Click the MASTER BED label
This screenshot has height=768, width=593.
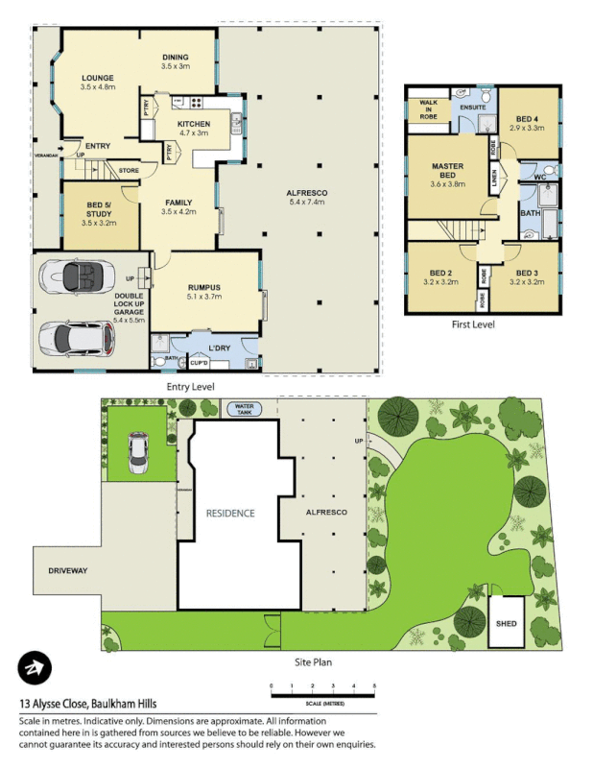coord(446,172)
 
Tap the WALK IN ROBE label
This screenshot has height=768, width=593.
coord(425,109)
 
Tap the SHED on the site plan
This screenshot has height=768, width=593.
coord(505,622)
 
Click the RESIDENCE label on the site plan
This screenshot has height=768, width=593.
coord(230,514)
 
